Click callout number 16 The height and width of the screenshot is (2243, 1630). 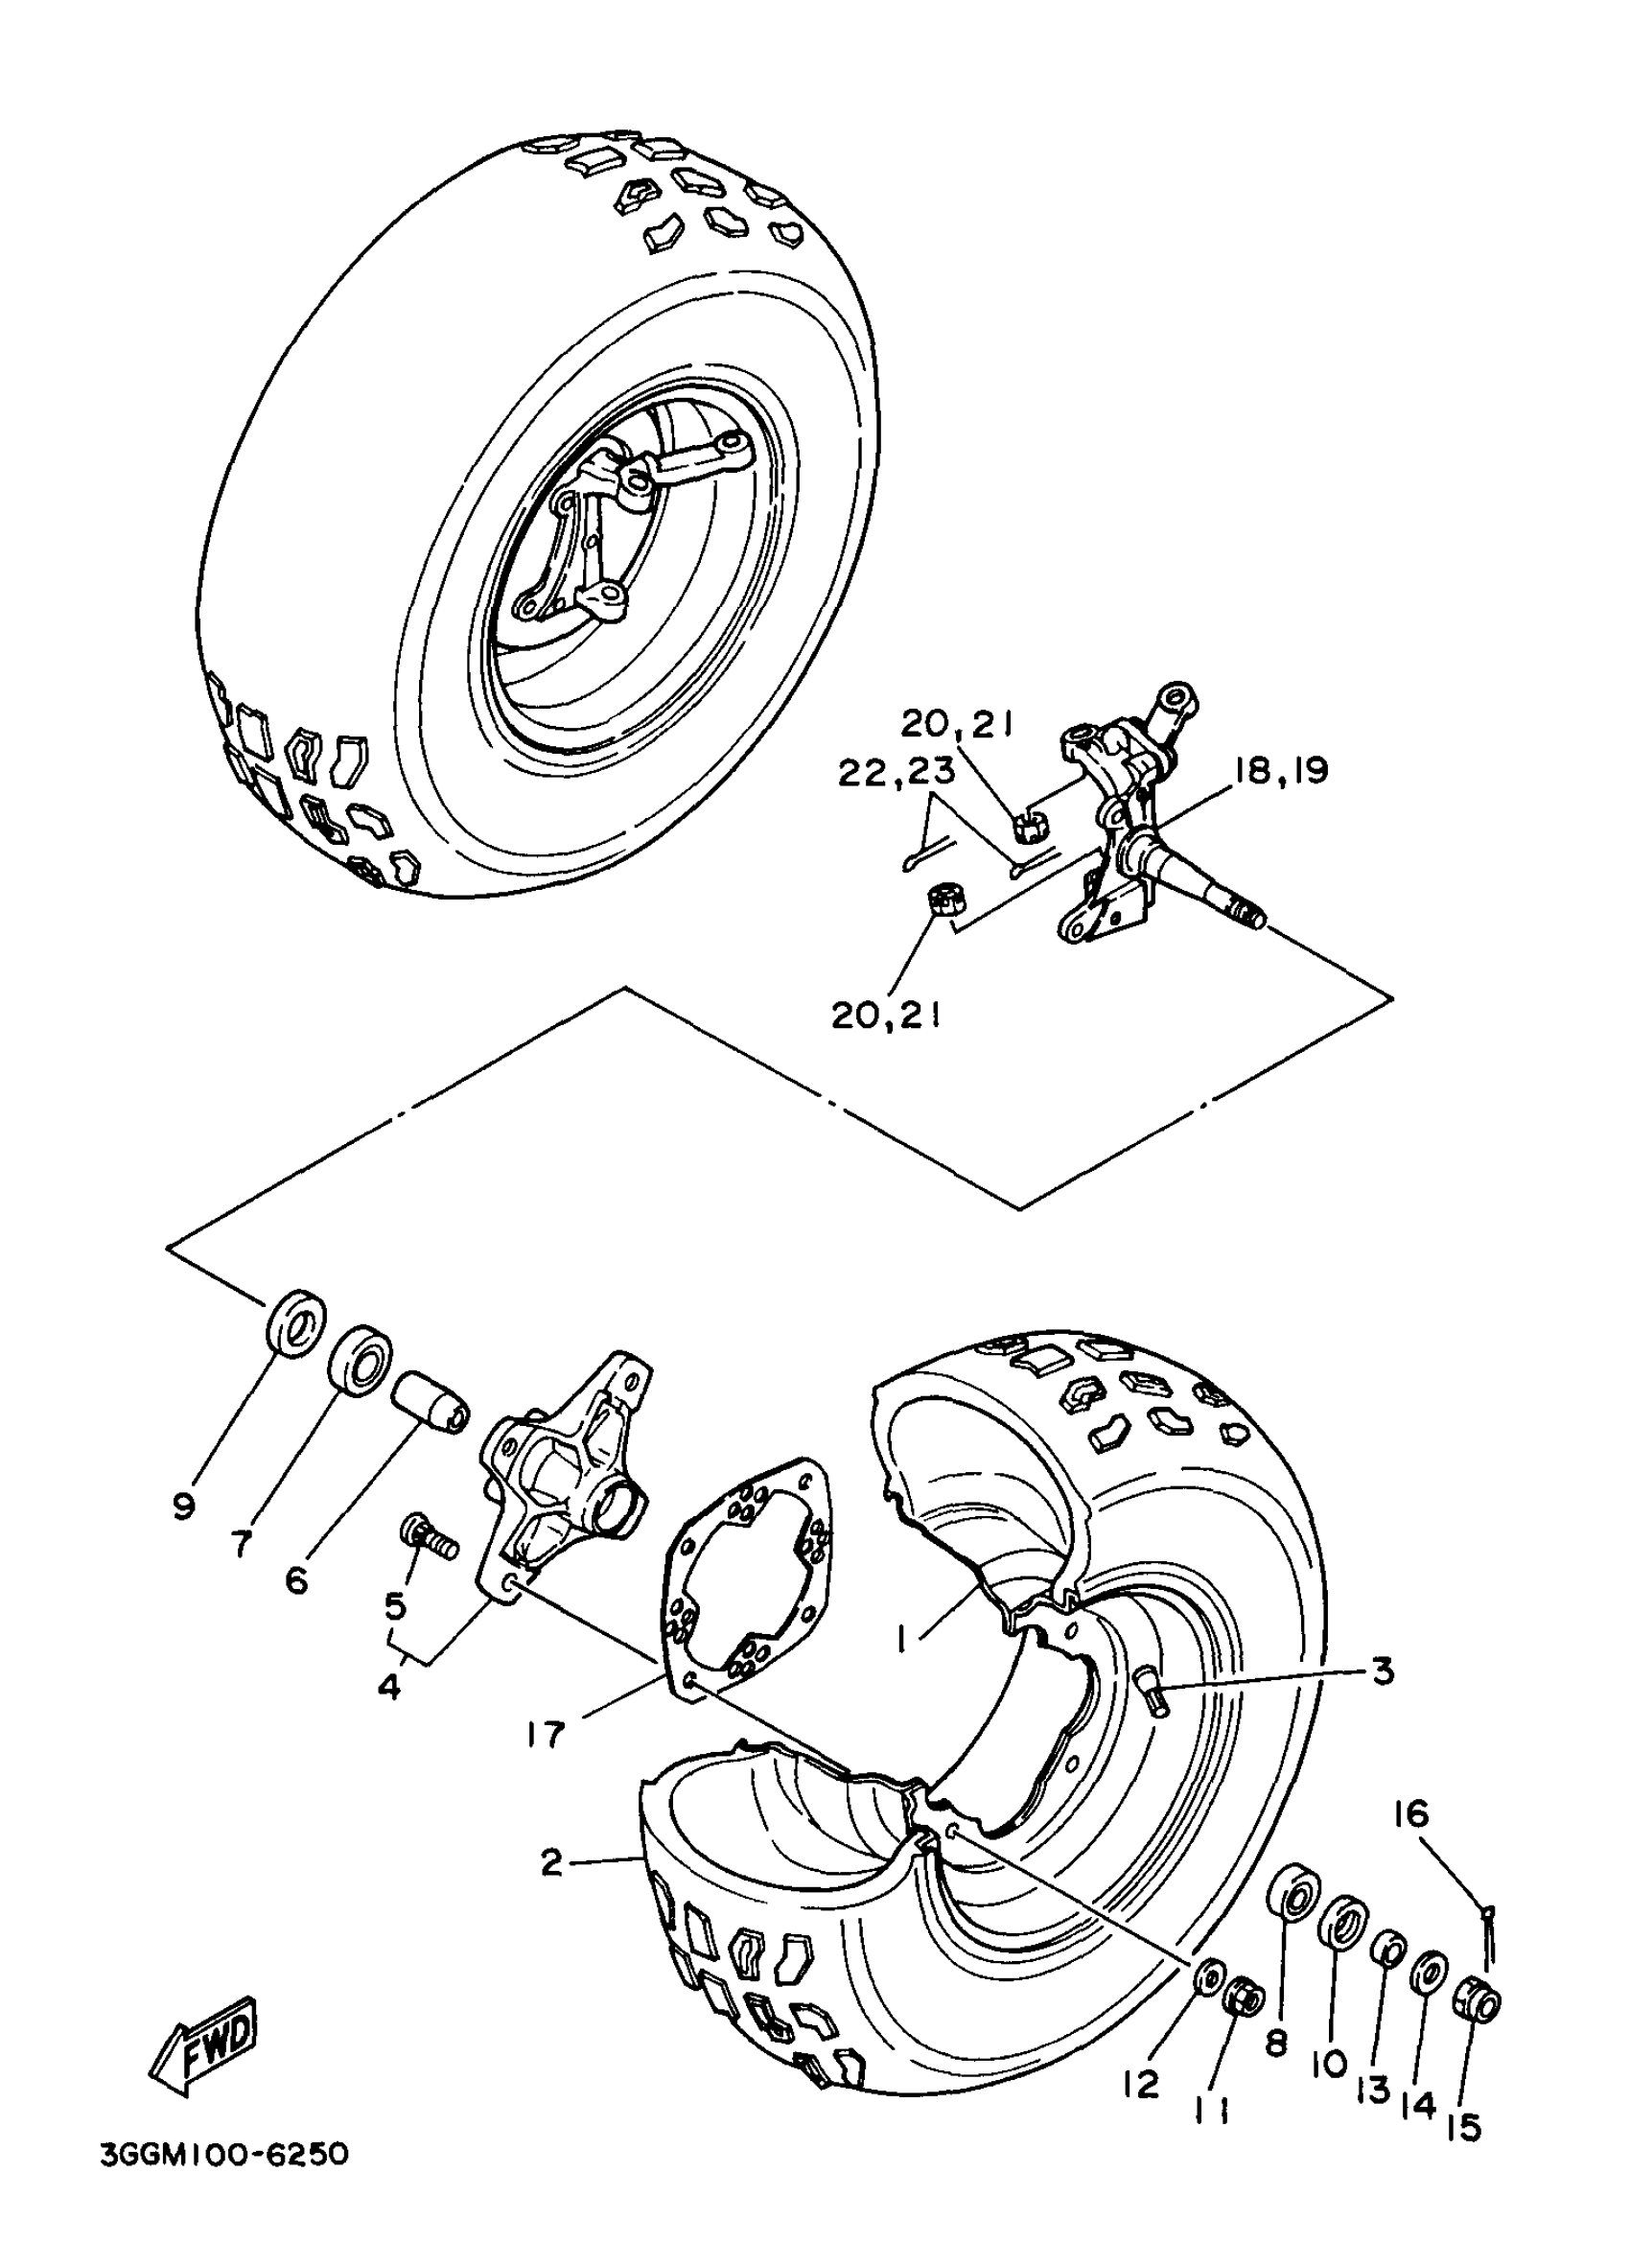(1412, 1813)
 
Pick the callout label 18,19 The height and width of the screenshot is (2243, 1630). (1281, 770)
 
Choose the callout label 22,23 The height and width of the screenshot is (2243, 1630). (897, 772)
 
